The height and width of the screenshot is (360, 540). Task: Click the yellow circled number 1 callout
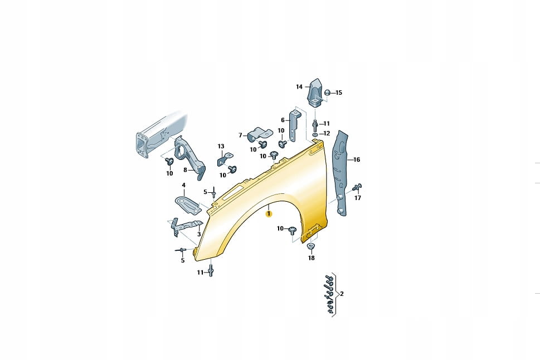click(269, 214)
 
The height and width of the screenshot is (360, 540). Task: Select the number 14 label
click(299, 87)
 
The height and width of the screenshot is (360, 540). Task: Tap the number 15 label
click(339, 93)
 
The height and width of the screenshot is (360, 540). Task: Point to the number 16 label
click(357, 159)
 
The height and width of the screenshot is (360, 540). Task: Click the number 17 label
click(358, 198)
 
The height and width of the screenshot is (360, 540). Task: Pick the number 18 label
click(312, 257)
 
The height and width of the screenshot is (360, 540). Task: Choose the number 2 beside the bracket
click(342, 294)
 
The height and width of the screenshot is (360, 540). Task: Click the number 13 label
click(221, 147)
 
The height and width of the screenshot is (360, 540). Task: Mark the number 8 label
click(185, 170)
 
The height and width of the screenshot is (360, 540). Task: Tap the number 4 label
click(183, 185)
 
